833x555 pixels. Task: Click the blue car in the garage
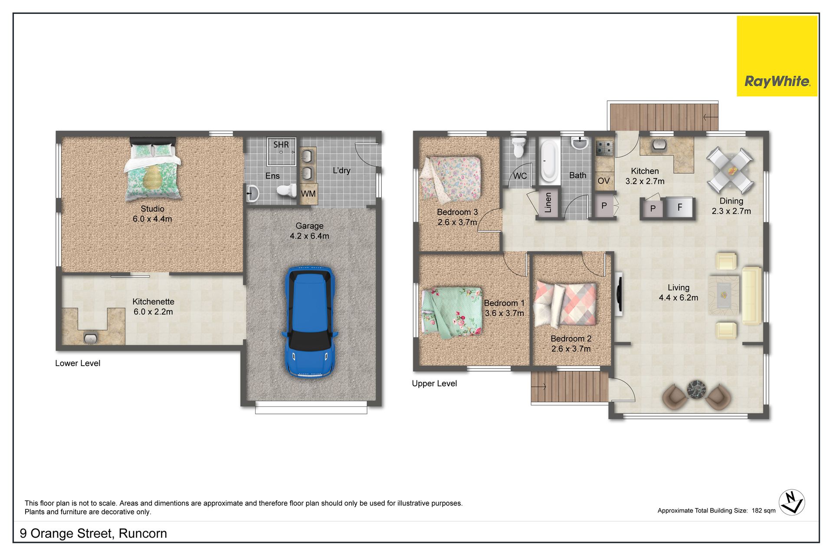[x=309, y=322]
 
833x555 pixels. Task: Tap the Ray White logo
[x=777, y=56]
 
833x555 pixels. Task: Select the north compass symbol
[x=792, y=502]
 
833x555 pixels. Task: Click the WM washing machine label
[x=308, y=194]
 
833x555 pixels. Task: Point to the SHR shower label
[x=281, y=145]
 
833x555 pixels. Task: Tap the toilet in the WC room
[x=518, y=148]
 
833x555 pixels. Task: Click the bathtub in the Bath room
[x=549, y=160]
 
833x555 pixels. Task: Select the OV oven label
[x=603, y=181]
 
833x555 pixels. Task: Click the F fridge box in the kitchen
[x=679, y=208]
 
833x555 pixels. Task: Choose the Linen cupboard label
[x=548, y=203]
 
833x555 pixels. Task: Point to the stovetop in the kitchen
[x=603, y=148]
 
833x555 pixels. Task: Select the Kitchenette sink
[x=91, y=338]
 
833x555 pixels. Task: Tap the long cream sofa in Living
[x=752, y=296]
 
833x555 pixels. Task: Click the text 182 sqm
[x=764, y=511]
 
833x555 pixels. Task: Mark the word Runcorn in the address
[x=143, y=533]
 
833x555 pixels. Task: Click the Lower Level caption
[x=78, y=363]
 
